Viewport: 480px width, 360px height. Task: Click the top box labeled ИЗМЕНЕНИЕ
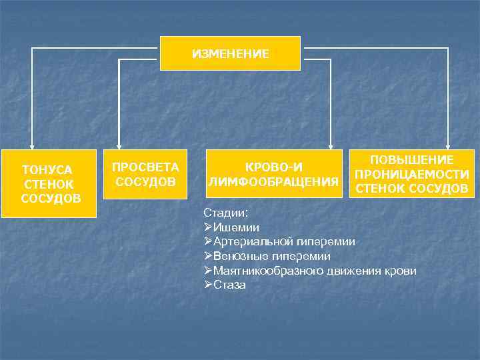[230, 53]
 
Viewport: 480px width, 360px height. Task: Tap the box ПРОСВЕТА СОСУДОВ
[145, 174]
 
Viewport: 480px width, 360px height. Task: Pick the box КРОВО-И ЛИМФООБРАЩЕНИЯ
[272, 174]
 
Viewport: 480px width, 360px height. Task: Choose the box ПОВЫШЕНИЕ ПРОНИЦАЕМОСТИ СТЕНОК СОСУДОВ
[411, 174]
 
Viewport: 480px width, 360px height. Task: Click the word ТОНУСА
[47, 170]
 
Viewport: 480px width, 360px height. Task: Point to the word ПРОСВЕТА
[145, 167]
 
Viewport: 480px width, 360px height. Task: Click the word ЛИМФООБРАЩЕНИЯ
[272, 181]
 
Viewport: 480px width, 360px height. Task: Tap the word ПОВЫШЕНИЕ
[412, 160]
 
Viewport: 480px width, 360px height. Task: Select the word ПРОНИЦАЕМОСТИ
[411, 174]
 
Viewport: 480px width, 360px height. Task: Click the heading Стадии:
[225, 212]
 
